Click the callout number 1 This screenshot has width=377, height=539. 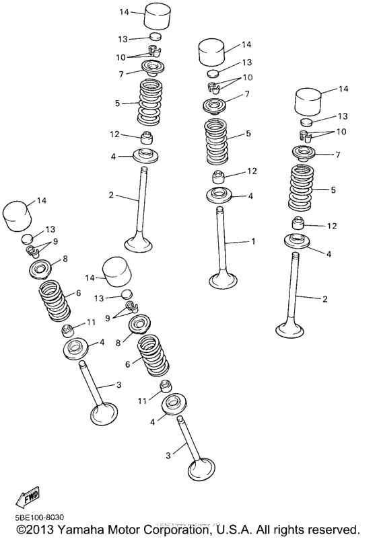(253, 241)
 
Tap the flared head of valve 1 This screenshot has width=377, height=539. (222, 278)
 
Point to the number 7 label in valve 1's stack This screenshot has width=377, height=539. (247, 94)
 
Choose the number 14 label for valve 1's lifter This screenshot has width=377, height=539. (246, 44)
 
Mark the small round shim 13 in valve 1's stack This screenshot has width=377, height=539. (213, 73)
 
